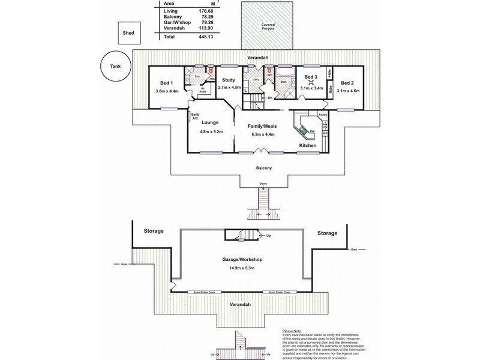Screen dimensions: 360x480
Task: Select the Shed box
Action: [x=128, y=34]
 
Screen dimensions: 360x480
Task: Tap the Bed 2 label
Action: [x=348, y=83]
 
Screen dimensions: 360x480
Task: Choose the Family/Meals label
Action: [x=262, y=126]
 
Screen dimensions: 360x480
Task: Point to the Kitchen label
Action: [x=308, y=146]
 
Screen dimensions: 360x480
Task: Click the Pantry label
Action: [x=322, y=113]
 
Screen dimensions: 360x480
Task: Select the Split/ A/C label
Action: [x=195, y=116]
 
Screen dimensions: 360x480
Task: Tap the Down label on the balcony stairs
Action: [x=263, y=184]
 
